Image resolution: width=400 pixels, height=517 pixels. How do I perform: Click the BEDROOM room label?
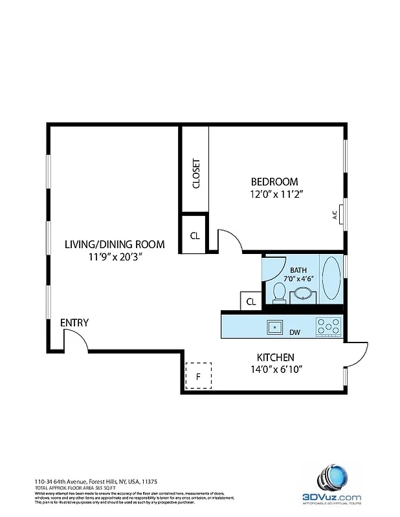tap(274, 182)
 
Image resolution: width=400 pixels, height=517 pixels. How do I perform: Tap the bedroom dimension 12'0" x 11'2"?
tap(276, 193)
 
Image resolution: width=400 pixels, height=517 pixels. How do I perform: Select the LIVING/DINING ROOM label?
tap(114, 244)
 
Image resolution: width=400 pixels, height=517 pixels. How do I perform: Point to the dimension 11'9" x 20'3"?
tap(115, 257)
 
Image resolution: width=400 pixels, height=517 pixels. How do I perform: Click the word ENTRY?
tap(74, 322)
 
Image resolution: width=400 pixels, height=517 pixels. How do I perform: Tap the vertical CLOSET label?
tap(195, 173)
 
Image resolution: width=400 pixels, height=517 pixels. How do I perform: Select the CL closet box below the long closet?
tap(195, 235)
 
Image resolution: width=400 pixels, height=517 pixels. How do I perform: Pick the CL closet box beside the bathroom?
tap(251, 301)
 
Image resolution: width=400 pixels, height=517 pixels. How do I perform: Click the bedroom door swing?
tap(230, 240)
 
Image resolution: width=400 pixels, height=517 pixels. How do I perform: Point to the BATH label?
tap(298, 270)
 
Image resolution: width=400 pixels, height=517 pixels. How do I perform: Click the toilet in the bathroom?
tap(280, 291)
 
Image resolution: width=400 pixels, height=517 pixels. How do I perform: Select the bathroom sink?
tap(302, 295)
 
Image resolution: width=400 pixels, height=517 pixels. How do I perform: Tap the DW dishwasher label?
tap(295, 333)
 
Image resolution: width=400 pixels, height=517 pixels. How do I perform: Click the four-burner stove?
tap(328, 326)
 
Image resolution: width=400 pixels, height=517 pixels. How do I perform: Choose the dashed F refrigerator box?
tap(199, 375)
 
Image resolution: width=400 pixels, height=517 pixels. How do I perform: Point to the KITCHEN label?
tap(276, 357)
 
